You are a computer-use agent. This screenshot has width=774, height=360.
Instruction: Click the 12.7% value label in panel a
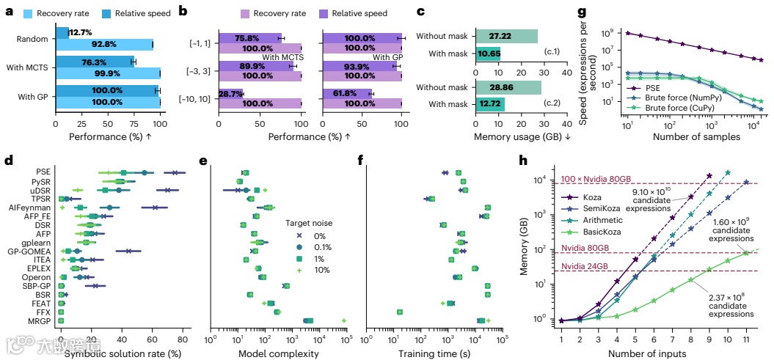point(81,33)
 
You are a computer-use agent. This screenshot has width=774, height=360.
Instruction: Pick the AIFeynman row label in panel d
point(40,207)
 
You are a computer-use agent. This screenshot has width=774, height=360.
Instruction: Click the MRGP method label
point(43,320)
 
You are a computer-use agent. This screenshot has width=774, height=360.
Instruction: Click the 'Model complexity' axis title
point(278,353)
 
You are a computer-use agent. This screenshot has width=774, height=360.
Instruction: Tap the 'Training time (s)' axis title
point(433,353)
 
